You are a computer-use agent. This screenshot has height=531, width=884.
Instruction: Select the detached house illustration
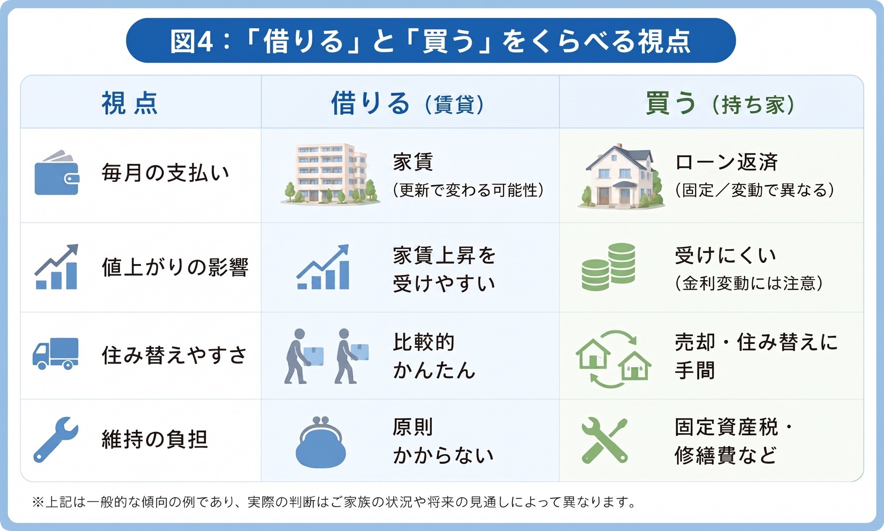coord(621,176)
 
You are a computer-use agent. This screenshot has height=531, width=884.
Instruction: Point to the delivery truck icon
coord(56,354)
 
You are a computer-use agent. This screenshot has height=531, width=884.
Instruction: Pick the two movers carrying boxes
coord(326,356)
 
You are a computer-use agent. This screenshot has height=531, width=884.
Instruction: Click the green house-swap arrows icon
coord(613,359)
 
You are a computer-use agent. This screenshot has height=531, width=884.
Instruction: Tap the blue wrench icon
coord(56,440)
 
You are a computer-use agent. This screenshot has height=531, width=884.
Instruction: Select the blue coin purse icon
coord(320,442)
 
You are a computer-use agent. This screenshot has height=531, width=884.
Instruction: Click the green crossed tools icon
coord(605,440)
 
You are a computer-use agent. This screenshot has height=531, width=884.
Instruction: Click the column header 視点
coord(130,104)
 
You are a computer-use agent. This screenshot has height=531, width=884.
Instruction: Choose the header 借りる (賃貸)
coord(408,104)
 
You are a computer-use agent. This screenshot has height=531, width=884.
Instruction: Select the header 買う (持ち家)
coord(720,104)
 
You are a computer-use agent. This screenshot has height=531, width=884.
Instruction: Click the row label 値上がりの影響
coord(175,267)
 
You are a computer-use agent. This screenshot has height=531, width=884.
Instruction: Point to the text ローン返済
coord(726,162)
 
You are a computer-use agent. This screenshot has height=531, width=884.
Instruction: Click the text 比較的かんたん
coord(434,356)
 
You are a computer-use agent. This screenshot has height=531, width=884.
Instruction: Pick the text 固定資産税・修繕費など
coord(734,441)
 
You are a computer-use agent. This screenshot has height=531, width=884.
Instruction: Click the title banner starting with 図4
coord(431,41)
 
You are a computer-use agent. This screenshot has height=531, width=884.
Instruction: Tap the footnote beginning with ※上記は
coord(334,502)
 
